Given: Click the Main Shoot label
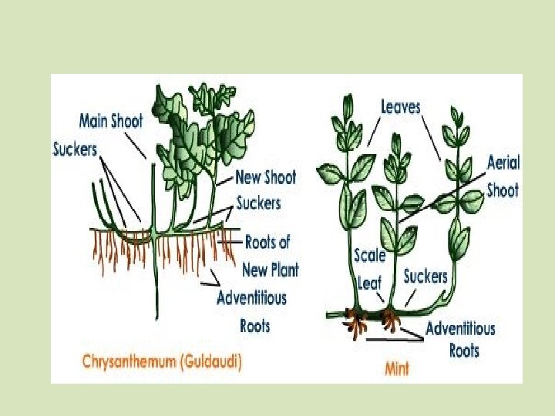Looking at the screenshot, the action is point(110,122).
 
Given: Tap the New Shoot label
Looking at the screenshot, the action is point(265,178).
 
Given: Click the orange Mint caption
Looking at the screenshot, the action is point(398,367).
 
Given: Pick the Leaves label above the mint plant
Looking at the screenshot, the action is point(401,106).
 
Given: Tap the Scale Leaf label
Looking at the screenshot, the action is point(369,269).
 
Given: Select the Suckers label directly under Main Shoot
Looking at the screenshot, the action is point(75,148).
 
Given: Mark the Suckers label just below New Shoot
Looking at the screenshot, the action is point(258,203).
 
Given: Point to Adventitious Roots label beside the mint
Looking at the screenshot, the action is point(461,339).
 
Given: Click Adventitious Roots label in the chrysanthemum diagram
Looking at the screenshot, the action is point(252,310).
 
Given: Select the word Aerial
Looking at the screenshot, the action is point(503,163).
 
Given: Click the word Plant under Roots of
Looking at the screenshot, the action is point(282,270).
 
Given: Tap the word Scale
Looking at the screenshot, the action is point(369,255).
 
